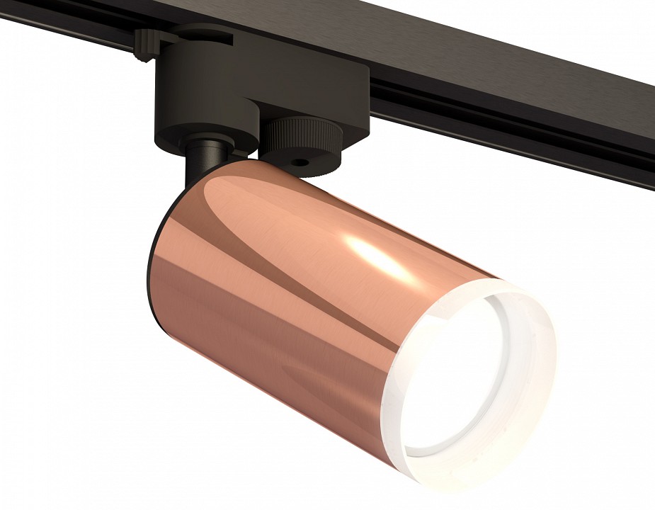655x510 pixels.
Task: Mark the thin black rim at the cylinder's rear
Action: (x=150, y=283)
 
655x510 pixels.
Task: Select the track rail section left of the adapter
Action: (x=64, y=28)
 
